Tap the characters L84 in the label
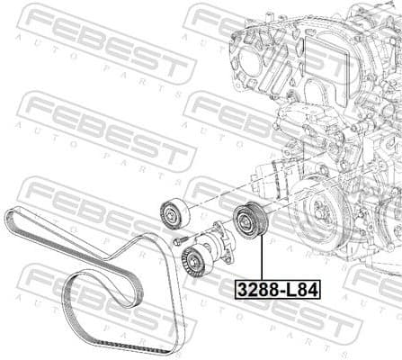click(x=299, y=292)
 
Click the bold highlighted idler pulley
click(x=246, y=221)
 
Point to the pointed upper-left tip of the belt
click(x=7, y=212)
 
